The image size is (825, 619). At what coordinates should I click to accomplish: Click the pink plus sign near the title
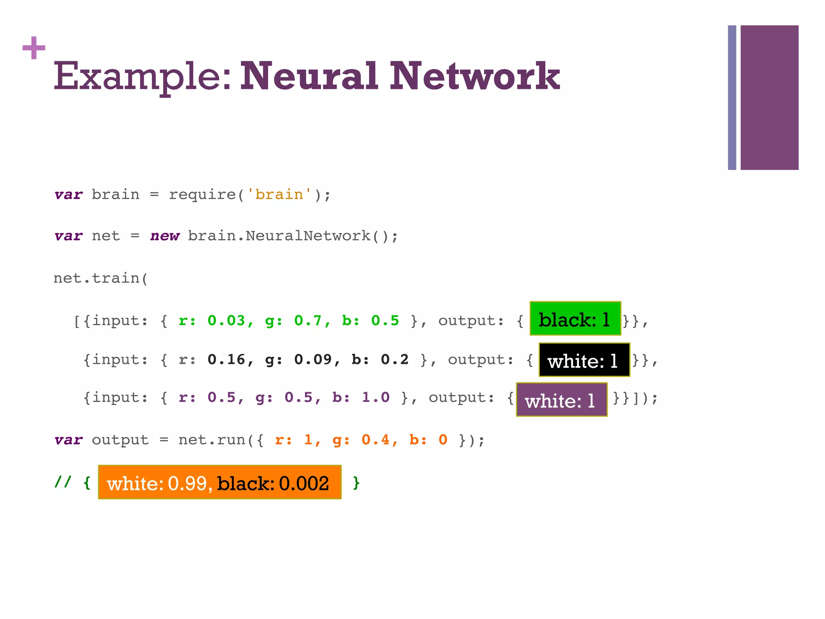point(34,48)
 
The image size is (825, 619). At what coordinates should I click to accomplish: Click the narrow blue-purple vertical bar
point(732,98)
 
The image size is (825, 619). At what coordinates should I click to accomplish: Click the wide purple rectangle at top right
point(769,98)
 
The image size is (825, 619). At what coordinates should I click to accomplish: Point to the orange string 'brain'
point(279,195)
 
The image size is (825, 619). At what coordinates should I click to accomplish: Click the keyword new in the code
point(165,236)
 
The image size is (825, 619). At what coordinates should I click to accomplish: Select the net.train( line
point(101,278)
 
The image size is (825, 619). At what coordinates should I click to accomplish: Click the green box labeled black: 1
point(575,318)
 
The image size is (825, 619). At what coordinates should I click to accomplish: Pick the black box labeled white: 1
point(584,360)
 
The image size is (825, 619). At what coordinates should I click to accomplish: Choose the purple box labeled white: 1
point(562,400)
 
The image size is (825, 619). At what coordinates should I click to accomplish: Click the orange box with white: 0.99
point(220,482)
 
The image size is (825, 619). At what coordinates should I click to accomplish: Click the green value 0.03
point(226,321)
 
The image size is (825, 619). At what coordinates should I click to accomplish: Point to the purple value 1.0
point(375,398)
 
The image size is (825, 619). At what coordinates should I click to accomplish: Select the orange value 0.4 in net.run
point(376,440)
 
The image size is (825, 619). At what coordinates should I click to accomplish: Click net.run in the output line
point(212,440)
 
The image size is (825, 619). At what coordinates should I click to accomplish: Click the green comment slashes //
point(63,482)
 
